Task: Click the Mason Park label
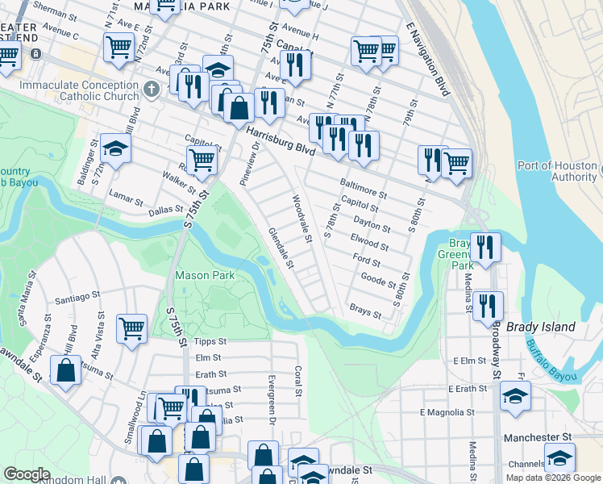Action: coord(206,275)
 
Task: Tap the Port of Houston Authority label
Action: coord(557,171)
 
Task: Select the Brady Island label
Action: coord(541,327)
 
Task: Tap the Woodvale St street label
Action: coord(301,219)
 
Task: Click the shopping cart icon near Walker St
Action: coord(201,159)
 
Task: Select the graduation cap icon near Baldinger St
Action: coord(115,149)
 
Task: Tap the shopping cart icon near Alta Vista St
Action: coord(131,328)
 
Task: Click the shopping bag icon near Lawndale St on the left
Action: coord(66,370)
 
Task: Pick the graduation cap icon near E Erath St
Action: coord(515,395)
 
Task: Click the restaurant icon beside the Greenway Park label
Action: coord(485,246)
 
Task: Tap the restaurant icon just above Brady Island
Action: coord(488,306)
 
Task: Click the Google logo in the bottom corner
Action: coord(27,474)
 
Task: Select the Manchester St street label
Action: coord(537,437)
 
